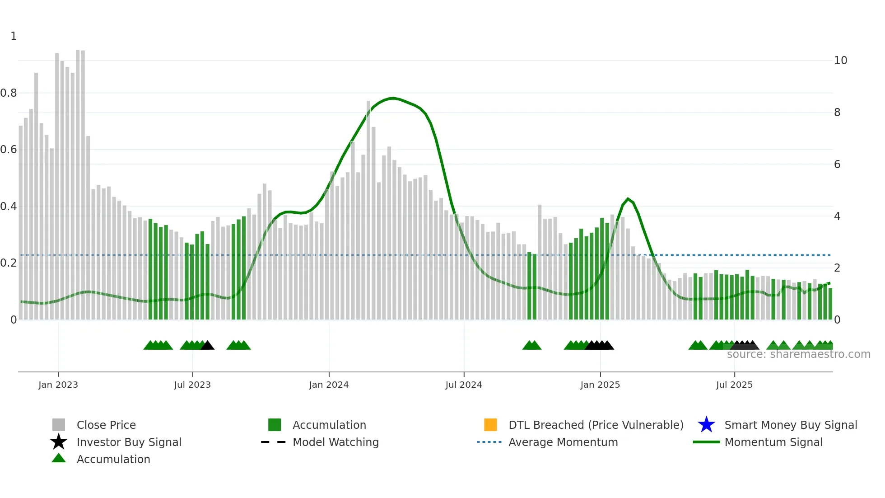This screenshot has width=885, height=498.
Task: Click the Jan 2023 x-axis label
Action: click(x=58, y=385)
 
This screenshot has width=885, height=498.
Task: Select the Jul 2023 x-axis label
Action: click(x=192, y=385)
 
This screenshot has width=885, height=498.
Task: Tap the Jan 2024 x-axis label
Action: click(x=329, y=385)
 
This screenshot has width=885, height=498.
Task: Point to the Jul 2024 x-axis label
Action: click(x=464, y=385)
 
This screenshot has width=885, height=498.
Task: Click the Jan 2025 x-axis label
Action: click(x=600, y=385)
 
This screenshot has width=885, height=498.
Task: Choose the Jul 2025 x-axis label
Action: click(x=734, y=385)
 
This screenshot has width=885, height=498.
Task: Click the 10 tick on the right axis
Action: click(x=840, y=61)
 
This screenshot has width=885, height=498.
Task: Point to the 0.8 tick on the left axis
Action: click(x=9, y=93)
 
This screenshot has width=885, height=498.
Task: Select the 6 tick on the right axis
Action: click(x=837, y=164)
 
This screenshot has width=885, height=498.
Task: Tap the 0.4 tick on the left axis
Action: click(x=9, y=207)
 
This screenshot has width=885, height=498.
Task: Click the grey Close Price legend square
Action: click(x=59, y=425)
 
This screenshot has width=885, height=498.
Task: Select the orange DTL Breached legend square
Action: click(x=490, y=425)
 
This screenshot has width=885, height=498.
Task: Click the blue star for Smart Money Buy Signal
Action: click(x=706, y=425)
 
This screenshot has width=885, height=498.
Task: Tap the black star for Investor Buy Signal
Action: click(x=59, y=442)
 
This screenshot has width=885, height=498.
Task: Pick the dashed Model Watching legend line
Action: click(x=273, y=442)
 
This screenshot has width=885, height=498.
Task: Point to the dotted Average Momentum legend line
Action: click(x=489, y=442)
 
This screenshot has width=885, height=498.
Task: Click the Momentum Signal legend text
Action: click(x=773, y=442)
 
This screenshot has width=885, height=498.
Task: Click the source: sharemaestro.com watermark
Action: click(x=798, y=354)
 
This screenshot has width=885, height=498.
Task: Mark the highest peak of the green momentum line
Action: click(x=393, y=98)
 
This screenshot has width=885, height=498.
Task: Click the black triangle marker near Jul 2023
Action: click(x=207, y=346)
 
